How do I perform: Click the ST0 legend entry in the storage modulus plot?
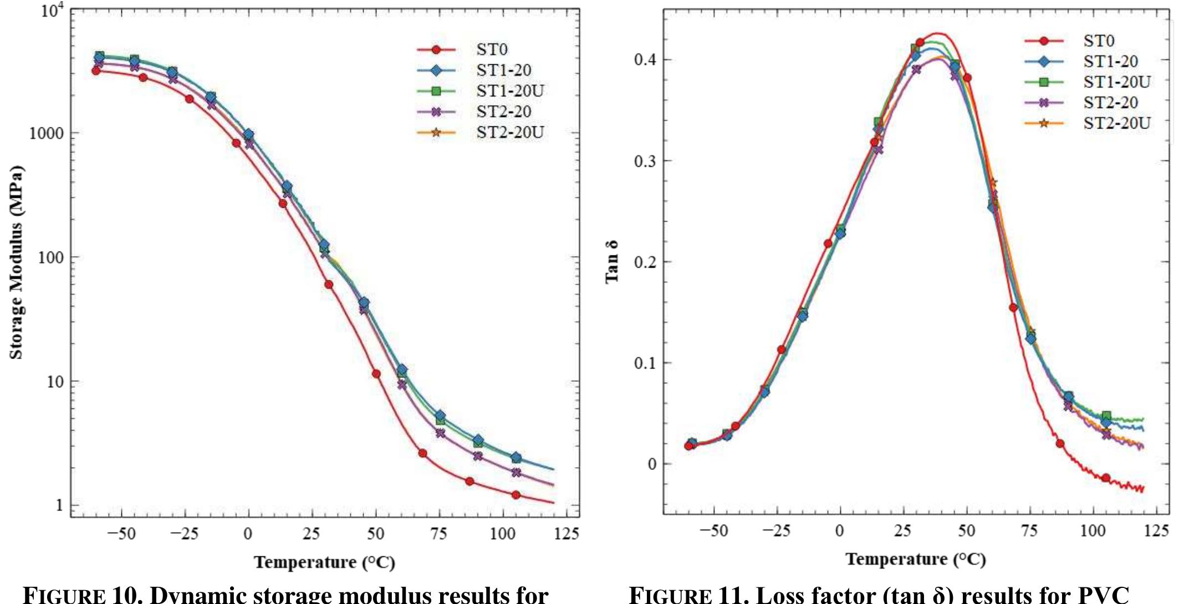pyautogui.click(x=491, y=50)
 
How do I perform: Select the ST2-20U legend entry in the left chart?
pyautogui.click(x=509, y=132)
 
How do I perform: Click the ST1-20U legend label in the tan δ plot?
pyautogui.click(x=1116, y=82)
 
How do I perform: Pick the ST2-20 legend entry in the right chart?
pyautogui.click(x=1110, y=103)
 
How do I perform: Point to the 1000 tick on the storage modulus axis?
pyautogui.click(x=47, y=134)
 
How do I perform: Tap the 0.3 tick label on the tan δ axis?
pyautogui.click(x=645, y=161)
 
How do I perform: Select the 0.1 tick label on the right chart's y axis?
pyautogui.click(x=645, y=364)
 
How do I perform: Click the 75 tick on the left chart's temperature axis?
pyautogui.click(x=438, y=534)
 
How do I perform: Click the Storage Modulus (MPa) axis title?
pyautogui.click(x=17, y=262)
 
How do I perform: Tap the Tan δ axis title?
pyautogui.click(x=611, y=262)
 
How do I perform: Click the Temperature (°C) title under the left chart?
pyautogui.click(x=324, y=562)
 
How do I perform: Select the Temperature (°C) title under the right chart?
pyautogui.click(x=916, y=559)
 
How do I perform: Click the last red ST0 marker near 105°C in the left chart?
pyautogui.click(x=516, y=495)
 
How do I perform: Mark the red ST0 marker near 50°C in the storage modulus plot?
pyautogui.click(x=376, y=374)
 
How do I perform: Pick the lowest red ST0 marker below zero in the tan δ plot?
pyautogui.click(x=1106, y=478)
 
